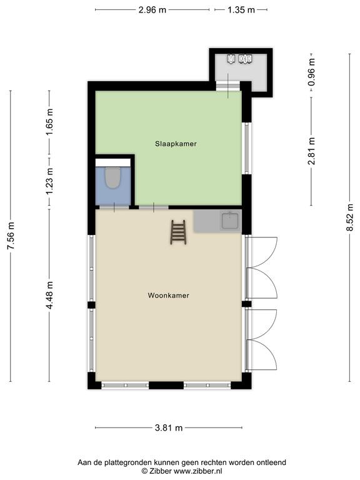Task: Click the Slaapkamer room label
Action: (176, 144)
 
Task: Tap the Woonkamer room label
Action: (168, 296)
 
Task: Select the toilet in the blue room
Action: (112, 178)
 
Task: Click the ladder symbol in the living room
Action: (179, 232)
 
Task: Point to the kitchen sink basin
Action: (230, 221)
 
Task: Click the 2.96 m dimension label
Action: (152, 10)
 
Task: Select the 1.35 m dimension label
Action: (241, 10)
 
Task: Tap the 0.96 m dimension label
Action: (311, 72)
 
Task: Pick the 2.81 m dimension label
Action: (311, 151)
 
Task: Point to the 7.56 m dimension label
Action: (11, 236)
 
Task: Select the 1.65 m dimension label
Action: (49, 122)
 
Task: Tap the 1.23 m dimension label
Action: (49, 181)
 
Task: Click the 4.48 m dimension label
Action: (49, 296)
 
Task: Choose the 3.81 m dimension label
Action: (169, 427)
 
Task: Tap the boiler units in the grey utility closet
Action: (240, 59)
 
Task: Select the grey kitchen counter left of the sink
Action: (207, 221)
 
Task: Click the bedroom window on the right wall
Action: (247, 149)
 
